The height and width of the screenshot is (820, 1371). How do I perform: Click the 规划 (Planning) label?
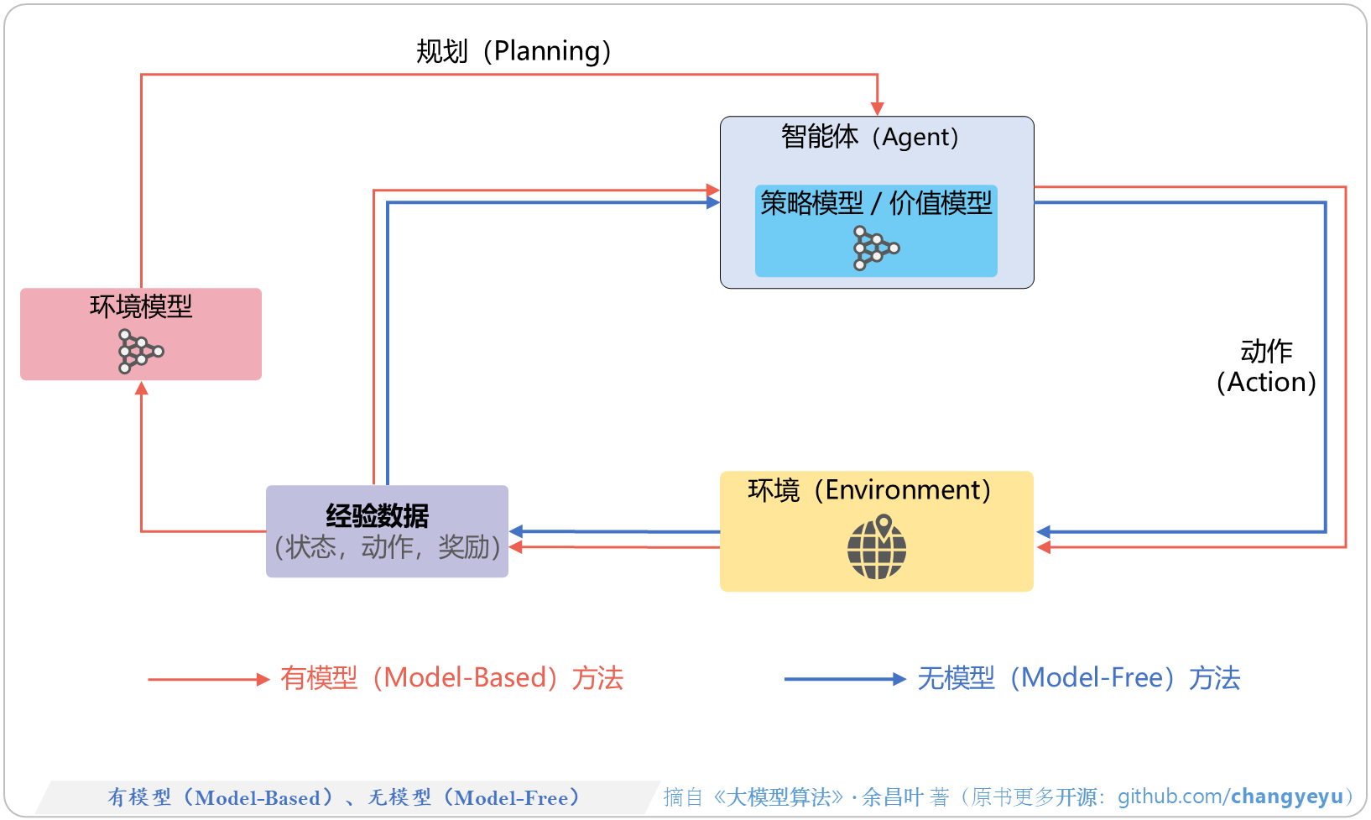point(513,51)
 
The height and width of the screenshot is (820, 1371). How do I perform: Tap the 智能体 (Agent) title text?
point(869,136)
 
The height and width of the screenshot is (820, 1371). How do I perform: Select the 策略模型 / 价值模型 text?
point(876,203)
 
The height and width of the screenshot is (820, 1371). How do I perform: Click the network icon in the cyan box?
point(875,248)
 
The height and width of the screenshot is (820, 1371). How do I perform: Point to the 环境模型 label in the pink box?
point(141,306)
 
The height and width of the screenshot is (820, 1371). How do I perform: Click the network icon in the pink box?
point(140,351)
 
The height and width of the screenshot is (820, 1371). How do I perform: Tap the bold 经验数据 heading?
point(378,515)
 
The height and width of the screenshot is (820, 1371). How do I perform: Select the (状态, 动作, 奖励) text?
point(387,547)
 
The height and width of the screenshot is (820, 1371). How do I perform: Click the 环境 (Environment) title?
point(869,489)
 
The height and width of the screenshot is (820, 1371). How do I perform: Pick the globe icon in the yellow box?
point(877,547)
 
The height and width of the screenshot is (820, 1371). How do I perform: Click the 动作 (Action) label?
point(1266,367)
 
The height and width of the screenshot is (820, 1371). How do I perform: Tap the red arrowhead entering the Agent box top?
point(877,108)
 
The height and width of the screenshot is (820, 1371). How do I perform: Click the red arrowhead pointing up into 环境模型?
point(141,388)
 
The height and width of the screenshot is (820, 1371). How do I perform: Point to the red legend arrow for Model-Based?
point(208,679)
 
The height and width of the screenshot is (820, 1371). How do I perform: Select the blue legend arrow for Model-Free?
point(845,679)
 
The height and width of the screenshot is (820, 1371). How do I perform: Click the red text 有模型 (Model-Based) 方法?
point(451,678)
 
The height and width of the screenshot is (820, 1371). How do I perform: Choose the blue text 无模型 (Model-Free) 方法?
point(1078,678)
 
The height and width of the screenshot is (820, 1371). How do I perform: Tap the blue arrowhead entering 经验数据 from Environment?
point(517,531)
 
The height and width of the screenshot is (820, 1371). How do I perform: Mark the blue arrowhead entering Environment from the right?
point(1043,532)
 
